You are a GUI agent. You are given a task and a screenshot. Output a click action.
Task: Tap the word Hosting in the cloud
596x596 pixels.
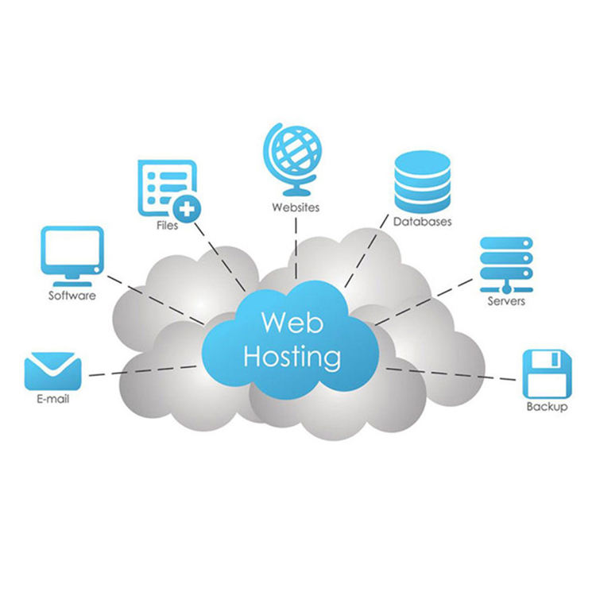[x=292, y=358]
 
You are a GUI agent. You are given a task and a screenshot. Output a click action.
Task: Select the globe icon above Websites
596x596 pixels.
[x=292, y=160]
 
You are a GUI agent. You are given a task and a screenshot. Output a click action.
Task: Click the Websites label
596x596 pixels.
[x=296, y=207]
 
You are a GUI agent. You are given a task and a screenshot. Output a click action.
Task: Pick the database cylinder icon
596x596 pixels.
[x=422, y=182]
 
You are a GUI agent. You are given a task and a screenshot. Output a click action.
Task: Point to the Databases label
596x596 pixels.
[x=422, y=222]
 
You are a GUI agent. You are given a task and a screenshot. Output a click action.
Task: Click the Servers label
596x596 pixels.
[x=506, y=301]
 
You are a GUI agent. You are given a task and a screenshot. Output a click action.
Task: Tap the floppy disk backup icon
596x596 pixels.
[x=547, y=373]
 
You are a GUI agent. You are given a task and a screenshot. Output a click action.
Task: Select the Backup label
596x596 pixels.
[x=547, y=407]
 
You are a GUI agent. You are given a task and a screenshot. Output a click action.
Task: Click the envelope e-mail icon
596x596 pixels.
[x=52, y=371]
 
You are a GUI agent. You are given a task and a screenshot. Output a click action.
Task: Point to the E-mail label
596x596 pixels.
[x=52, y=399]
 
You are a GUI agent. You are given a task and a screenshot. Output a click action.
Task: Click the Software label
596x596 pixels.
[x=72, y=296]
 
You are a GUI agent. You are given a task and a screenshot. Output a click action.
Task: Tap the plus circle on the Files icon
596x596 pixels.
[x=186, y=209]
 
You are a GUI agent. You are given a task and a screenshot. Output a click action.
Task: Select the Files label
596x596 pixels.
[x=167, y=226]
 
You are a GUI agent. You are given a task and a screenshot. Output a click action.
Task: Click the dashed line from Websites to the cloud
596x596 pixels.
[x=296, y=248]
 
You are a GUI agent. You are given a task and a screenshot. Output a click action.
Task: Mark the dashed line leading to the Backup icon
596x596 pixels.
[x=451, y=374]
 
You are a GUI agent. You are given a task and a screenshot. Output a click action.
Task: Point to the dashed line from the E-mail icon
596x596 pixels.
[x=143, y=371]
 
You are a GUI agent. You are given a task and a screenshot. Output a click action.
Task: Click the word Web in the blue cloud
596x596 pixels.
[x=292, y=323]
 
